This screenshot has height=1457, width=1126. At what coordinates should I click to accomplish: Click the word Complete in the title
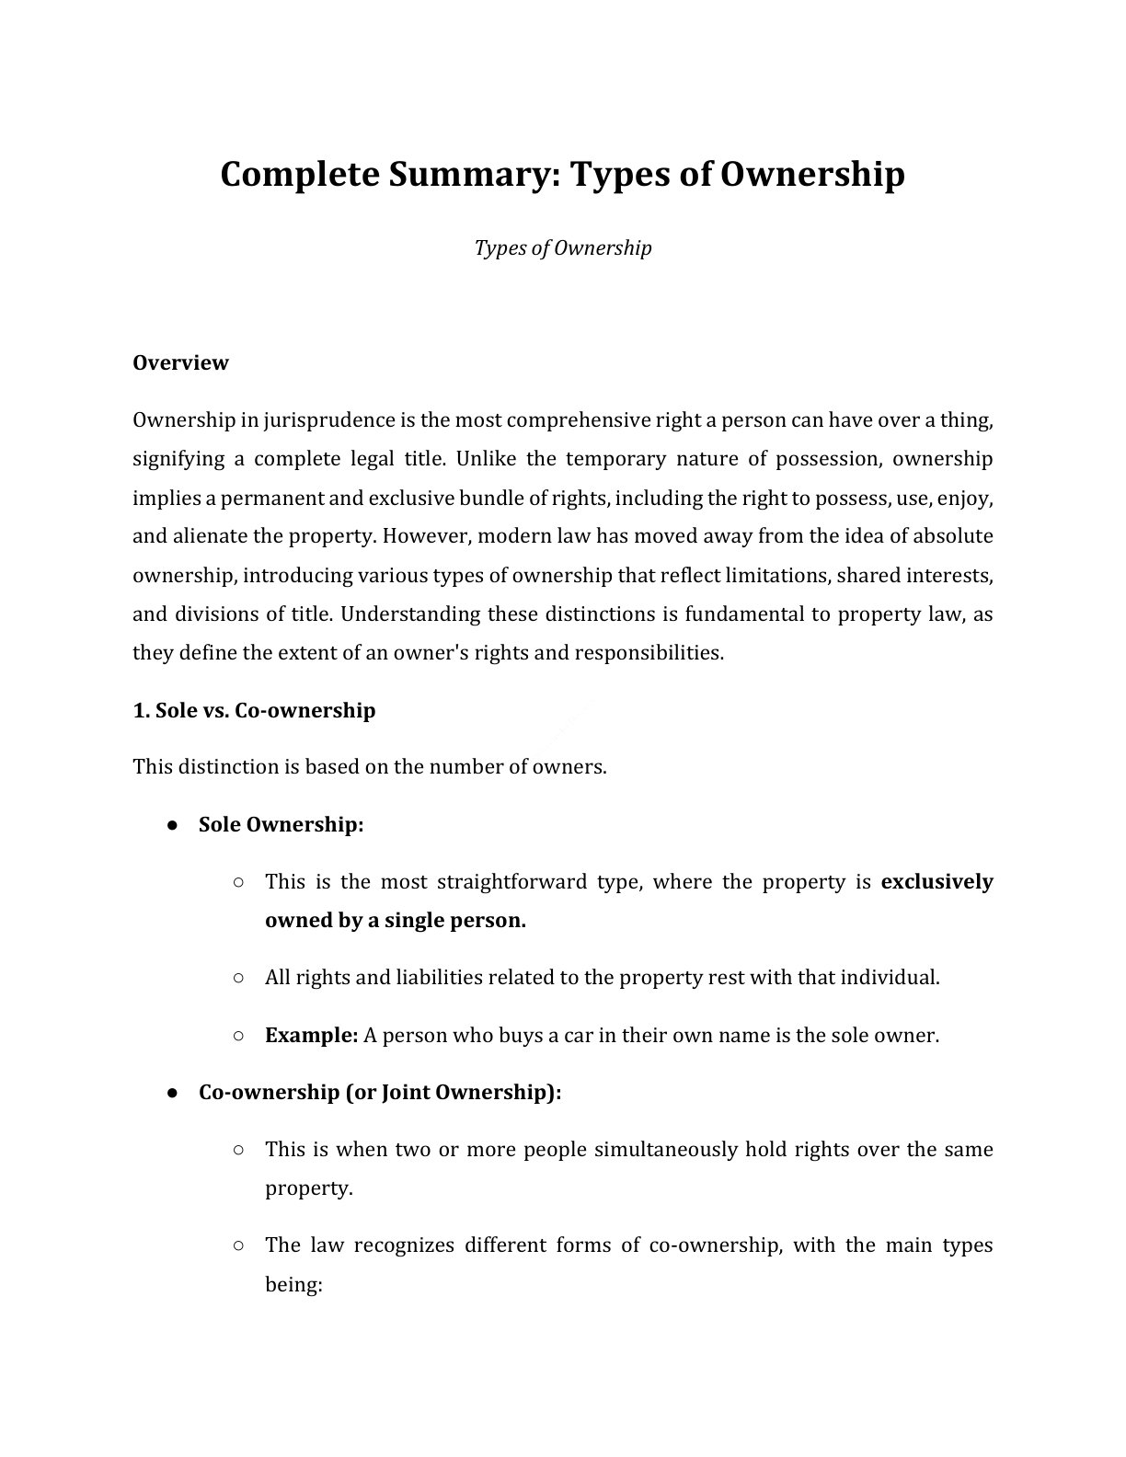pos(298,174)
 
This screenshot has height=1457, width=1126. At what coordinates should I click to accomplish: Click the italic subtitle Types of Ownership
pos(562,247)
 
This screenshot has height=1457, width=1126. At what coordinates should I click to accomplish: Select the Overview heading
pos(180,362)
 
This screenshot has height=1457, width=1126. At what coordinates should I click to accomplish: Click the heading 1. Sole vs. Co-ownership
pos(254,710)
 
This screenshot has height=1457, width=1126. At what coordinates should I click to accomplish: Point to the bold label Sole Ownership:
pos(281,824)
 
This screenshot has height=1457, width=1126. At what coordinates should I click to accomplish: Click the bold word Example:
pos(311,1035)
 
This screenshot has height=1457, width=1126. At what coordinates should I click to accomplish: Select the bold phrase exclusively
pos(936,881)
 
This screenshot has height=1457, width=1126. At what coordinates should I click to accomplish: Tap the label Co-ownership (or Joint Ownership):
pos(379,1092)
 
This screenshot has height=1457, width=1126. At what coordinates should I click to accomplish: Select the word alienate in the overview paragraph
pos(210,536)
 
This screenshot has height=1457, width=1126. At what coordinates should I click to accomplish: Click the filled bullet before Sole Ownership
pos(172,825)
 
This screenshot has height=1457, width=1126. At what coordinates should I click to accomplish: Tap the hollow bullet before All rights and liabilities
pos(238,978)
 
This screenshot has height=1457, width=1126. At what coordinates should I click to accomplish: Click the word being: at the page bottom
pos(293,1284)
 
